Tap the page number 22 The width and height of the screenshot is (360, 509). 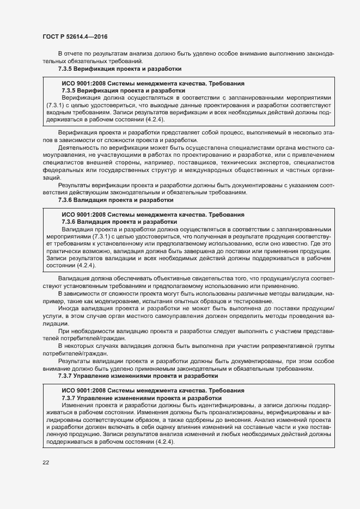(x=46, y=462)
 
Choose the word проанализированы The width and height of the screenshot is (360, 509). (x=202, y=413)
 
